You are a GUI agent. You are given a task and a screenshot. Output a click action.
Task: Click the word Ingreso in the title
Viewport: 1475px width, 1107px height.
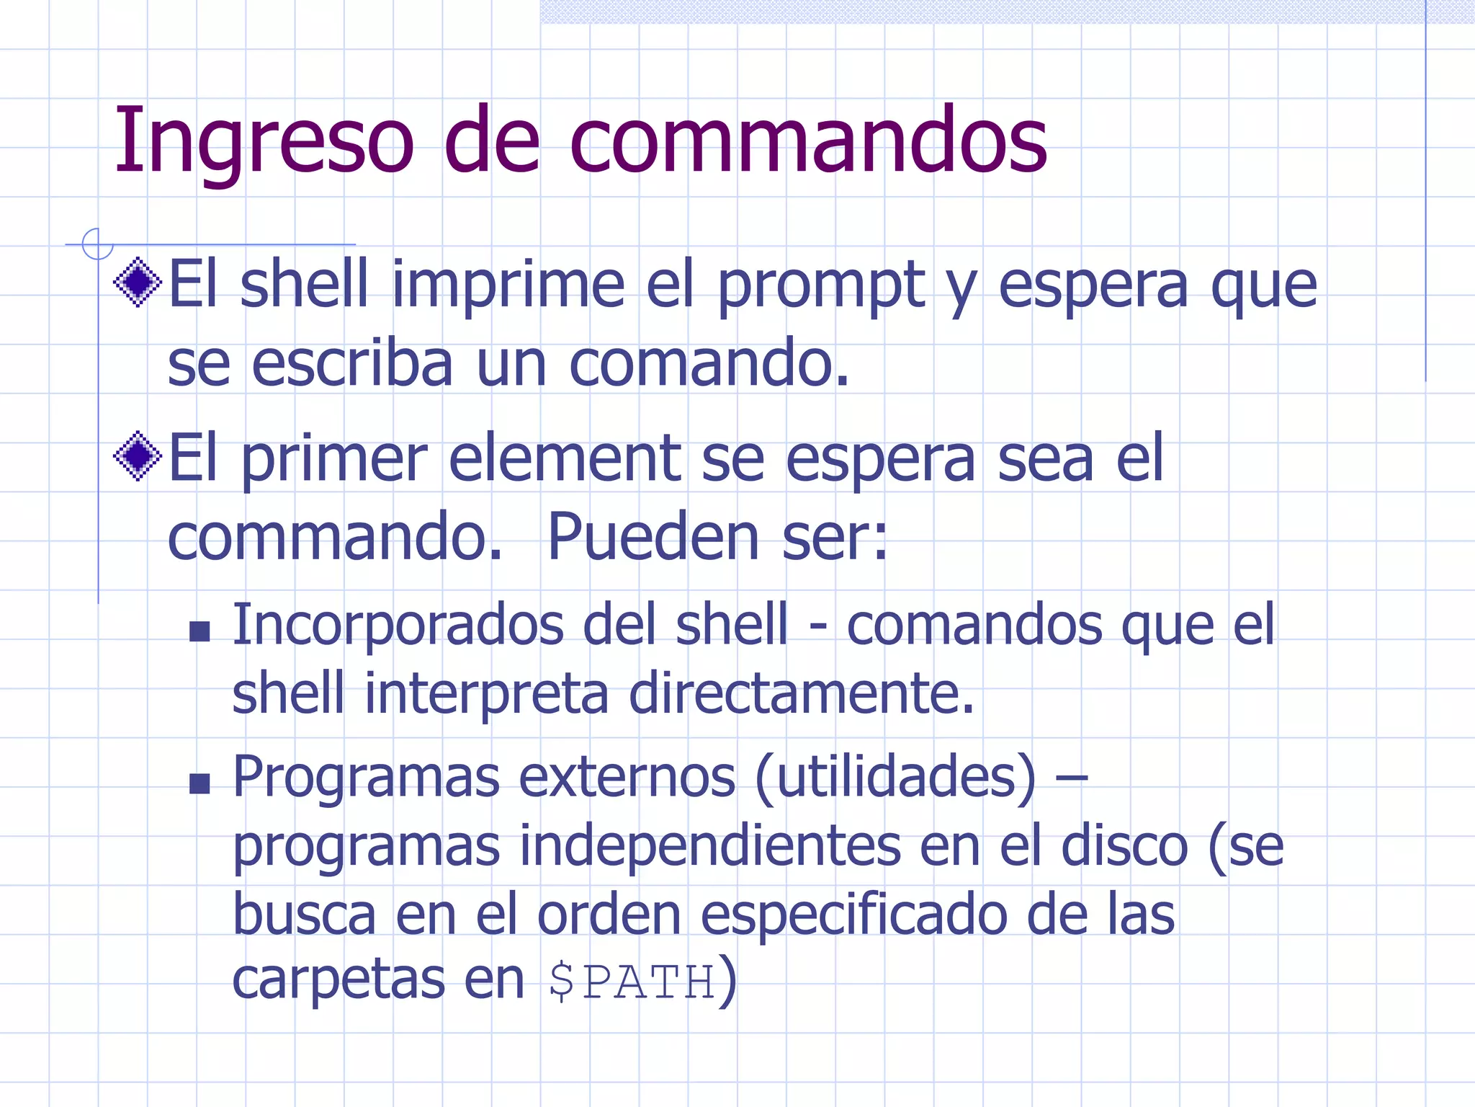click(x=264, y=141)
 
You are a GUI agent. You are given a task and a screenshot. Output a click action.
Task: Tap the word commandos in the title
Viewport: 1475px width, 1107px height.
click(x=808, y=141)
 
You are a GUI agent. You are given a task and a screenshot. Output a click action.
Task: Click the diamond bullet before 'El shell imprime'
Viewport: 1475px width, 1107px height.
click(x=138, y=282)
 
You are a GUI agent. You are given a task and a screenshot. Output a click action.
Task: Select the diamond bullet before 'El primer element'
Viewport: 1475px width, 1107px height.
click(x=138, y=455)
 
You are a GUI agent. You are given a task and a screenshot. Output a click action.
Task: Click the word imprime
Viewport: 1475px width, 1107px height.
click(x=508, y=285)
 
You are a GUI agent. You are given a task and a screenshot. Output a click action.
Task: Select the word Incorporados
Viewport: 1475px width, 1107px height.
click(x=398, y=625)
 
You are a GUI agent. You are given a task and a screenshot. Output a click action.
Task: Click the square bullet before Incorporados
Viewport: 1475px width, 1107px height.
click(x=199, y=632)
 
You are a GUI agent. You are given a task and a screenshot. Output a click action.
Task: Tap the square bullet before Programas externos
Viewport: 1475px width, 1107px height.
click(x=199, y=783)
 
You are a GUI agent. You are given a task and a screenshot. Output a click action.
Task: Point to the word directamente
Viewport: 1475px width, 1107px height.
click(x=801, y=693)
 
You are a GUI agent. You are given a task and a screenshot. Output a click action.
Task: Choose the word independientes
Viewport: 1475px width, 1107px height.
click(x=709, y=846)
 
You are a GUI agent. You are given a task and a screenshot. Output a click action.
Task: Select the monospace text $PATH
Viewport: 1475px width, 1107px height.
click(x=632, y=982)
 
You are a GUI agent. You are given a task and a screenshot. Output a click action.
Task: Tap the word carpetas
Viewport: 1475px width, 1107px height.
click(x=339, y=980)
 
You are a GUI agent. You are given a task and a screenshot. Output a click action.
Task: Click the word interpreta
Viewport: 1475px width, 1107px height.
click(x=487, y=693)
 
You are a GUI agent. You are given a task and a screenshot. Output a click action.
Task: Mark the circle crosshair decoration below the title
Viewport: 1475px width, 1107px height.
click(x=97, y=244)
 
